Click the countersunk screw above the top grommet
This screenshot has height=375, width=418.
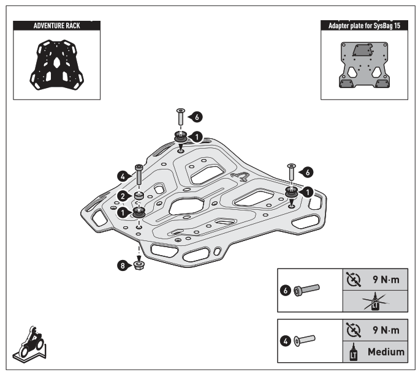pyautogui.click(x=180, y=116)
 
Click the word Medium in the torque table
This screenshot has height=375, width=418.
pyautogui.click(x=386, y=351)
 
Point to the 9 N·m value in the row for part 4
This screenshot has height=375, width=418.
pyautogui.click(x=386, y=330)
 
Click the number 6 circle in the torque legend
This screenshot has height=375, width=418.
pyautogui.click(x=285, y=290)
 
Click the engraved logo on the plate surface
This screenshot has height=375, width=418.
pyautogui.click(x=240, y=177)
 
